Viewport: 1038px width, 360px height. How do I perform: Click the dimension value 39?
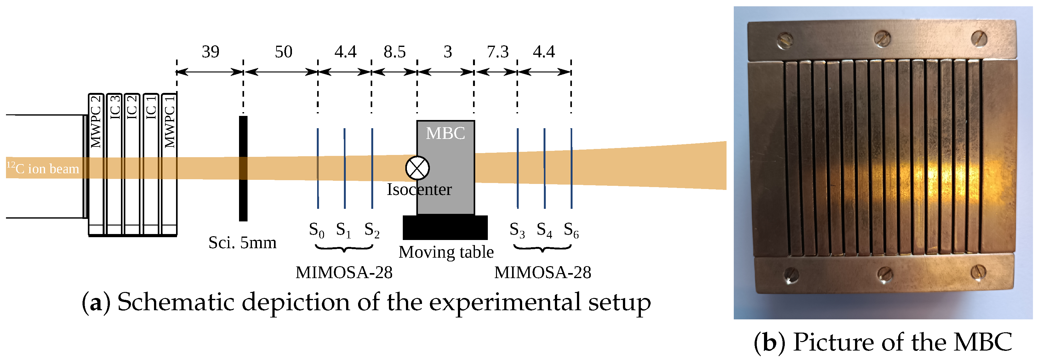pyautogui.click(x=210, y=52)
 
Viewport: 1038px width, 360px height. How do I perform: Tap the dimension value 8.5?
pyautogui.click(x=395, y=52)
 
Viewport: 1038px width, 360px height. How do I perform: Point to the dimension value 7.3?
pyautogui.click(x=498, y=52)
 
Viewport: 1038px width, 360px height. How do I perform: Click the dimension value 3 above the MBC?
pyautogui.click(x=448, y=52)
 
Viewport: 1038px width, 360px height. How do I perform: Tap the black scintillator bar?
pyautogui.click(x=243, y=169)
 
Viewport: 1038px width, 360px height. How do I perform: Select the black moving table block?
pyautogui.click(x=445, y=227)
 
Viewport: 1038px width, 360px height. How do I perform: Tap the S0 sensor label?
pyautogui.click(x=316, y=230)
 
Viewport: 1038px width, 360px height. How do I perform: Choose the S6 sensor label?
pyautogui.click(x=571, y=230)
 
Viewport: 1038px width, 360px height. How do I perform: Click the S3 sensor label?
pyautogui.click(x=517, y=230)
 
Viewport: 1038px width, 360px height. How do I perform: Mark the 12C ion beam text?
pyautogui.click(x=43, y=168)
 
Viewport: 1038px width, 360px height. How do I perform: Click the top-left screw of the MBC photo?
pyautogui.click(x=785, y=40)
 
